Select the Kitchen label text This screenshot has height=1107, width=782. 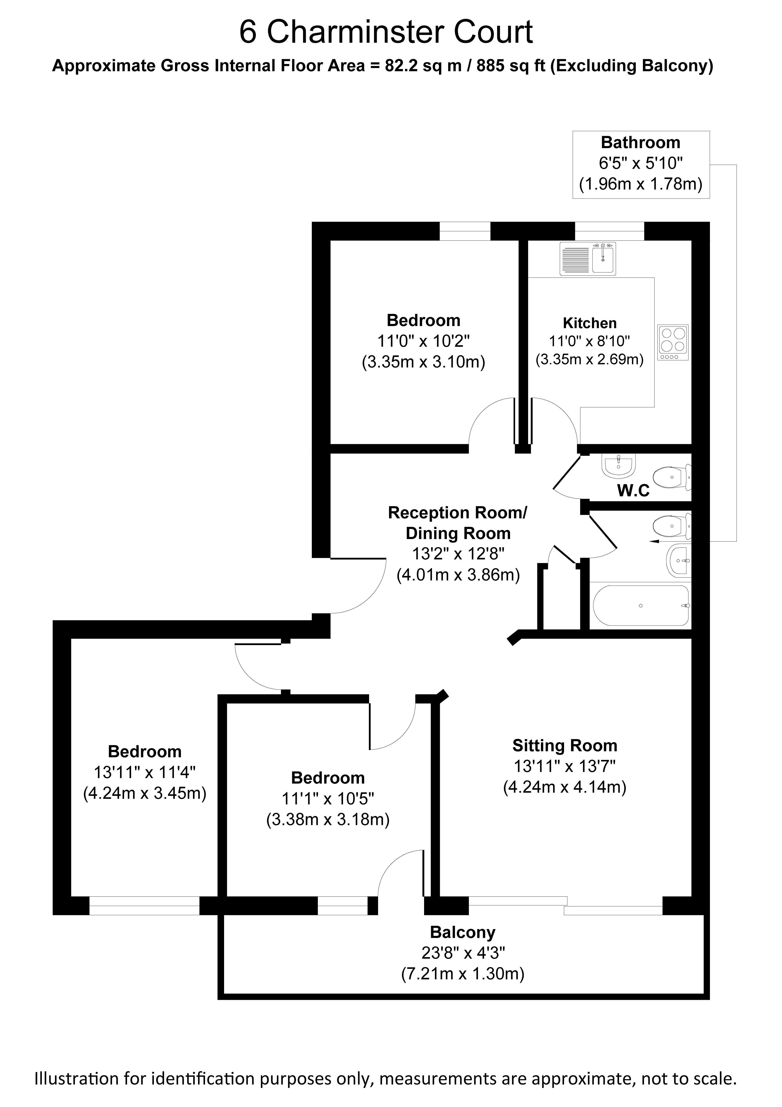tap(590, 323)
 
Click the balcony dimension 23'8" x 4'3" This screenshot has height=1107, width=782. tap(463, 953)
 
